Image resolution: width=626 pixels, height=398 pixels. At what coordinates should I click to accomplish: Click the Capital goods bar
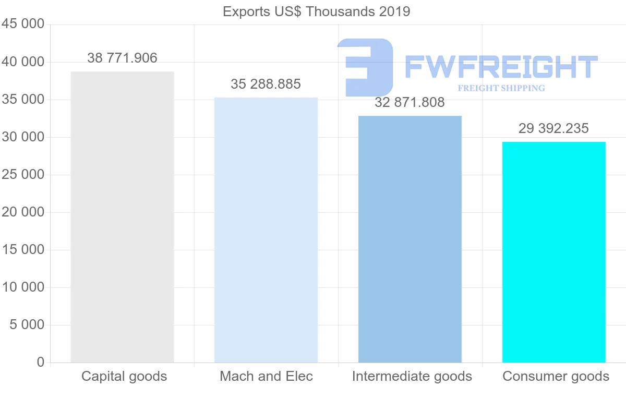pyautogui.click(x=122, y=216)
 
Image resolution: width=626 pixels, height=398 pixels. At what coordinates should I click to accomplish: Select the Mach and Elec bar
pyautogui.click(x=266, y=230)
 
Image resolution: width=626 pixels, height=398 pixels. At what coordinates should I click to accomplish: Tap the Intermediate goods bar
pyautogui.click(x=410, y=239)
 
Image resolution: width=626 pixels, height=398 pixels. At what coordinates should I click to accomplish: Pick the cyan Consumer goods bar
pyautogui.click(x=553, y=252)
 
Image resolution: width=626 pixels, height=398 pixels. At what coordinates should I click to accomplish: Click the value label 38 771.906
pyautogui.click(x=122, y=58)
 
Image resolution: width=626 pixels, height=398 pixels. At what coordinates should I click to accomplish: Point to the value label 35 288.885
pyautogui.click(x=266, y=84)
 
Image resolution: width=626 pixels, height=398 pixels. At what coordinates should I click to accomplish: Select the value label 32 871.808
pyautogui.click(x=410, y=102)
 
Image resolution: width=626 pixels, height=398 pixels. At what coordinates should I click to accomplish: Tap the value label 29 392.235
pyautogui.click(x=553, y=128)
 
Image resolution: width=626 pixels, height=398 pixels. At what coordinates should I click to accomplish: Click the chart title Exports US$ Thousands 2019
pyautogui.click(x=317, y=11)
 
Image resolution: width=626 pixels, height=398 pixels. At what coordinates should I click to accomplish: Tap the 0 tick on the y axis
pyautogui.click(x=41, y=363)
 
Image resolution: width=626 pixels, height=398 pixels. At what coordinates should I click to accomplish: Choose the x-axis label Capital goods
pyautogui.click(x=124, y=376)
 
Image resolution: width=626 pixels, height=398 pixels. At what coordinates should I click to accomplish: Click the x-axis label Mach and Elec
pyautogui.click(x=266, y=376)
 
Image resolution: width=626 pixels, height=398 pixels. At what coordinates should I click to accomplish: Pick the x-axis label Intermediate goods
pyautogui.click(x=412, y=376)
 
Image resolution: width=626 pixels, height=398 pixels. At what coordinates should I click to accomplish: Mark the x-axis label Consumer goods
pyautogui.click(x=556, y=376)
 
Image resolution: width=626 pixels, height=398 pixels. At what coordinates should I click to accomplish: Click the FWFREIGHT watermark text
pyautogui.click(x=501, y=67)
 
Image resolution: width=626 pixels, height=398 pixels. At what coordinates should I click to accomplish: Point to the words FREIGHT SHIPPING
pyautogui.click(x=501, y=88)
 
